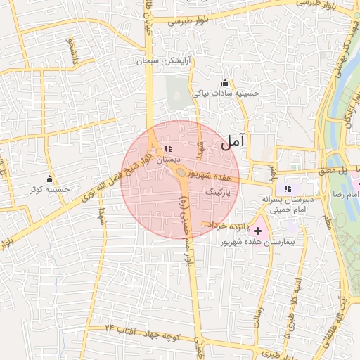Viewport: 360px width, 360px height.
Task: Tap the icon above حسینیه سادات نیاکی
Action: pos(225,83)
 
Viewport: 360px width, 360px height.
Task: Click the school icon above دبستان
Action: pos(167,148)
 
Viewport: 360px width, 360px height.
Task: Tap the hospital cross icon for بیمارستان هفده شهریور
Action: pos(257,231)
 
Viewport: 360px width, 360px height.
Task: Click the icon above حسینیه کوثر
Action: pos(49,179)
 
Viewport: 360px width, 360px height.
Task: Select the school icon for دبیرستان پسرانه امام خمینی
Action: pos(287,188)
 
